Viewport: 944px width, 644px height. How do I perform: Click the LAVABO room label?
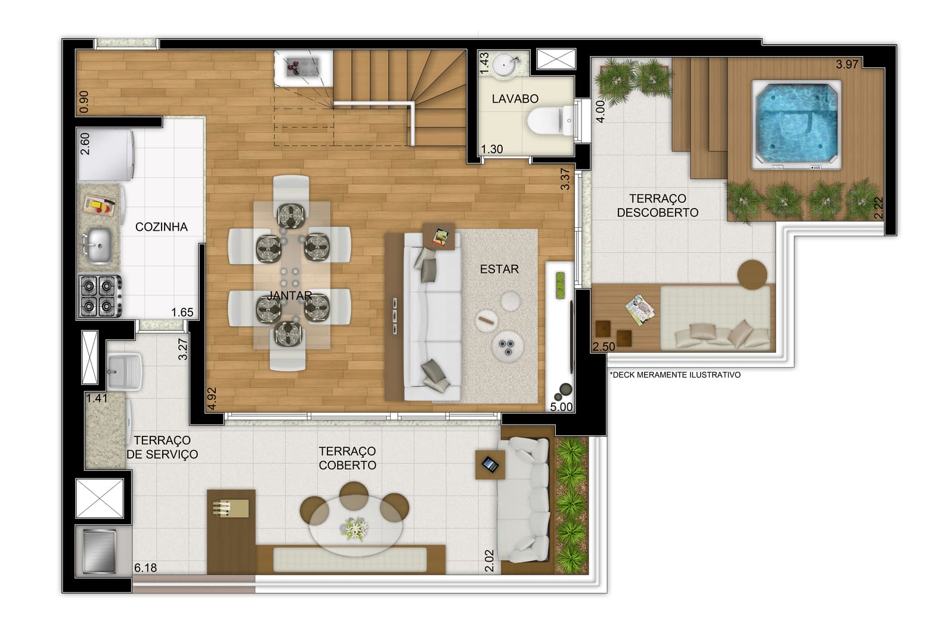(515, 98)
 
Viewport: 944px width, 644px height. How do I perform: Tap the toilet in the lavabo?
(550, 120)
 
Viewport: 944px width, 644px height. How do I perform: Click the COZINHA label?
(162, 227)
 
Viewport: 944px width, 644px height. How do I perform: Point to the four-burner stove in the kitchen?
(100, 296)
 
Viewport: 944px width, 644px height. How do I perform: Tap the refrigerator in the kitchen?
(106, 155)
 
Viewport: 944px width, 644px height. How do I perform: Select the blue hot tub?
(797, 125)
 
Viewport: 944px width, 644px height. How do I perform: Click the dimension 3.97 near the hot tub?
(847, 64)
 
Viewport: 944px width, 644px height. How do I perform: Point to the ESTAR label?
(499, 269)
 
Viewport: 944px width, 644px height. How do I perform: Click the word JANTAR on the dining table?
(290, 295)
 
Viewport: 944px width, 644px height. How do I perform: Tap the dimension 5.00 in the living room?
(561, 407)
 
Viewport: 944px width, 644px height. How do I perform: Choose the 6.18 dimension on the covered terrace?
(146, 568)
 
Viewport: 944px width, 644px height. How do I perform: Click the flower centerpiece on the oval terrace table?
(354, 528)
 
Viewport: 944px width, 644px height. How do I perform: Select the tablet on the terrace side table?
(490, 465)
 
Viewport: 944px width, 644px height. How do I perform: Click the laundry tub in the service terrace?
(125, 372)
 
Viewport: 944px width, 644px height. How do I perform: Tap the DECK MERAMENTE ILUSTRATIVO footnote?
(674, 374)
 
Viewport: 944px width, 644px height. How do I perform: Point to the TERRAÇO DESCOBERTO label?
(657, 205)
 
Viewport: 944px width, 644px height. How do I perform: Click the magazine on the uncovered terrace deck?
(640, 310)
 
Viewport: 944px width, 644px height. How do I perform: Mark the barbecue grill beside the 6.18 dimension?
(100, 552)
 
